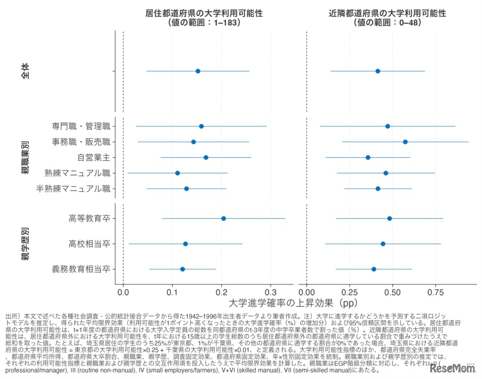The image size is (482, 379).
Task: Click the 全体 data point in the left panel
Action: coord(198,71)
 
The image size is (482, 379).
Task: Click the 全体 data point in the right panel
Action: coord(378,71)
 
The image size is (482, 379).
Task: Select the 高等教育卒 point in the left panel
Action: coord(224,218)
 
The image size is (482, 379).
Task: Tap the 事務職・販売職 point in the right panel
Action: coord(405,142)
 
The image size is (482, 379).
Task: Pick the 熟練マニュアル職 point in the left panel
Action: coord(177,173)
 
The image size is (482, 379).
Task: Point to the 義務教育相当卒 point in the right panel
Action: coord(374,269)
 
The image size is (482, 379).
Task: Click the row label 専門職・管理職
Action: coord(81,126)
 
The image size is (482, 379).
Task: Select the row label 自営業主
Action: coord(94,157)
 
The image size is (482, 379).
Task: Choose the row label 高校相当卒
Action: coord(89,244)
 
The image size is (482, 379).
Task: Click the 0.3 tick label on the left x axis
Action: coord(270,292)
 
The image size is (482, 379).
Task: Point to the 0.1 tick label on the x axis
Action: coord(172,292)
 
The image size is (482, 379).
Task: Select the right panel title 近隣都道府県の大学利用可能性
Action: coord(387,13)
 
